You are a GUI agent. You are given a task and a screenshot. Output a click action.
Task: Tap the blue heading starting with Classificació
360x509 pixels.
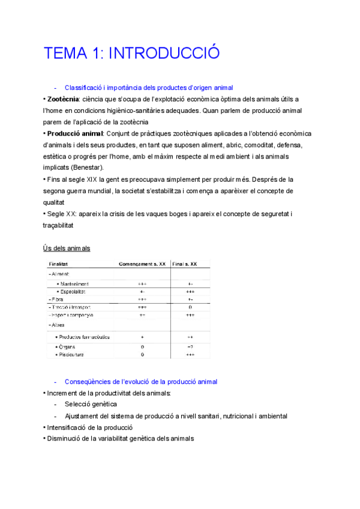[149, 88]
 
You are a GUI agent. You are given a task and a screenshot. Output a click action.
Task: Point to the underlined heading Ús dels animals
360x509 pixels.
[67, 248]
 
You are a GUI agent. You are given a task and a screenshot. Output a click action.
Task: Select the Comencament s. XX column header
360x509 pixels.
[142, 264]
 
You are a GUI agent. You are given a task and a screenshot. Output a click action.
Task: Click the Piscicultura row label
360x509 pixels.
[71, 354]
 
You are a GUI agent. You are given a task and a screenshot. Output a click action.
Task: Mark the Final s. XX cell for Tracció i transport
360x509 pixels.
[190, 307]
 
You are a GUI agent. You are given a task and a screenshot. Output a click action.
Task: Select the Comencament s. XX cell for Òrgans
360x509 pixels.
[142, 346]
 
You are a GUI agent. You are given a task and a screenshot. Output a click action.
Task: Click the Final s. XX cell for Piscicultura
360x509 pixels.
[190, 354]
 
